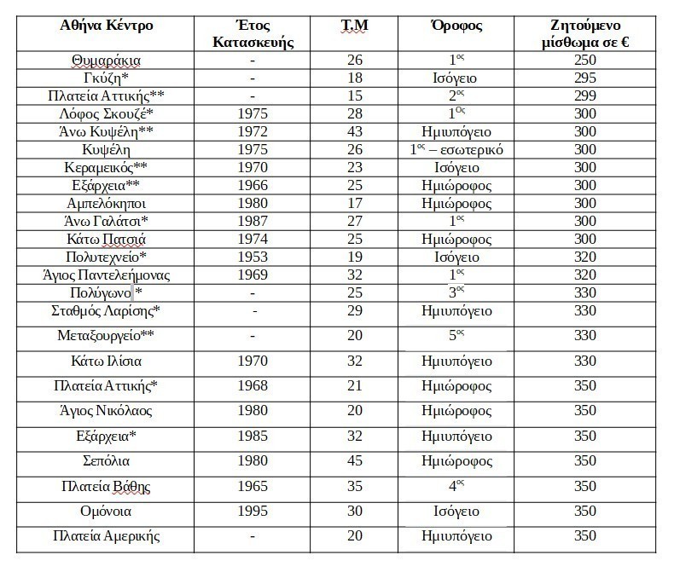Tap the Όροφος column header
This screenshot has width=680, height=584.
point(456,25)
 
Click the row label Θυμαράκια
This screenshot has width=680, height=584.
point(107,61)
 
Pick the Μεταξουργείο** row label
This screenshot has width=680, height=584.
point(107,335)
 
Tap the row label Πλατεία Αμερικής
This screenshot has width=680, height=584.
point(107,535)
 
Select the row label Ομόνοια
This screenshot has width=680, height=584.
point(107,511)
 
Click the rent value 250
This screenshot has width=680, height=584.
point(586,61)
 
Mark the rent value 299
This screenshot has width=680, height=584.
point(586,93)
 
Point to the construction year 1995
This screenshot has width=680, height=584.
point(253,511)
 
